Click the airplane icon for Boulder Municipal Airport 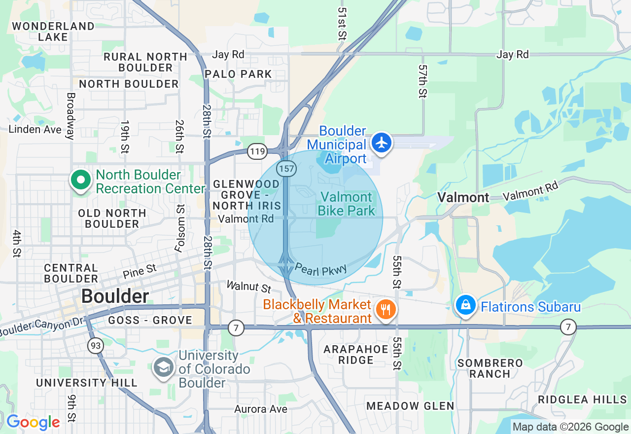click(x=382, y=143)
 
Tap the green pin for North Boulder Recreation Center click(x=81, y=180)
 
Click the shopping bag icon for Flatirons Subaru click(x=465, y=305)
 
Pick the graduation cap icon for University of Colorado click(x=163, y=367)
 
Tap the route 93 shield click(x=96, y=346)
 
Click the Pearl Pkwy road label click(x=321, y=269)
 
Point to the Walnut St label click(x=249, y=287)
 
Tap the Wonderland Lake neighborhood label click(x=53, y=32)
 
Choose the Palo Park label click(x=238, y=74)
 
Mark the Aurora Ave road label click(x=261, y=409)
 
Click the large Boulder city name click(x=115, y=296)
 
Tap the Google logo click(x=33, y=423)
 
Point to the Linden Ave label click(x=35, y=129)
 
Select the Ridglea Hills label click(x=582, y=399)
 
